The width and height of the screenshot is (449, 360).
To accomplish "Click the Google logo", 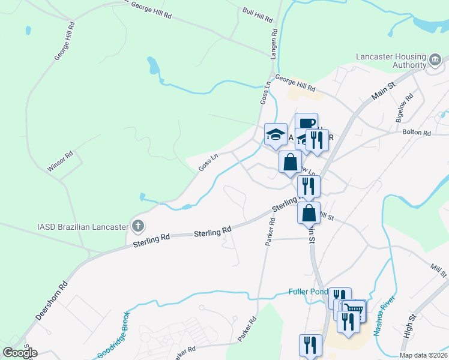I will point(20,352).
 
